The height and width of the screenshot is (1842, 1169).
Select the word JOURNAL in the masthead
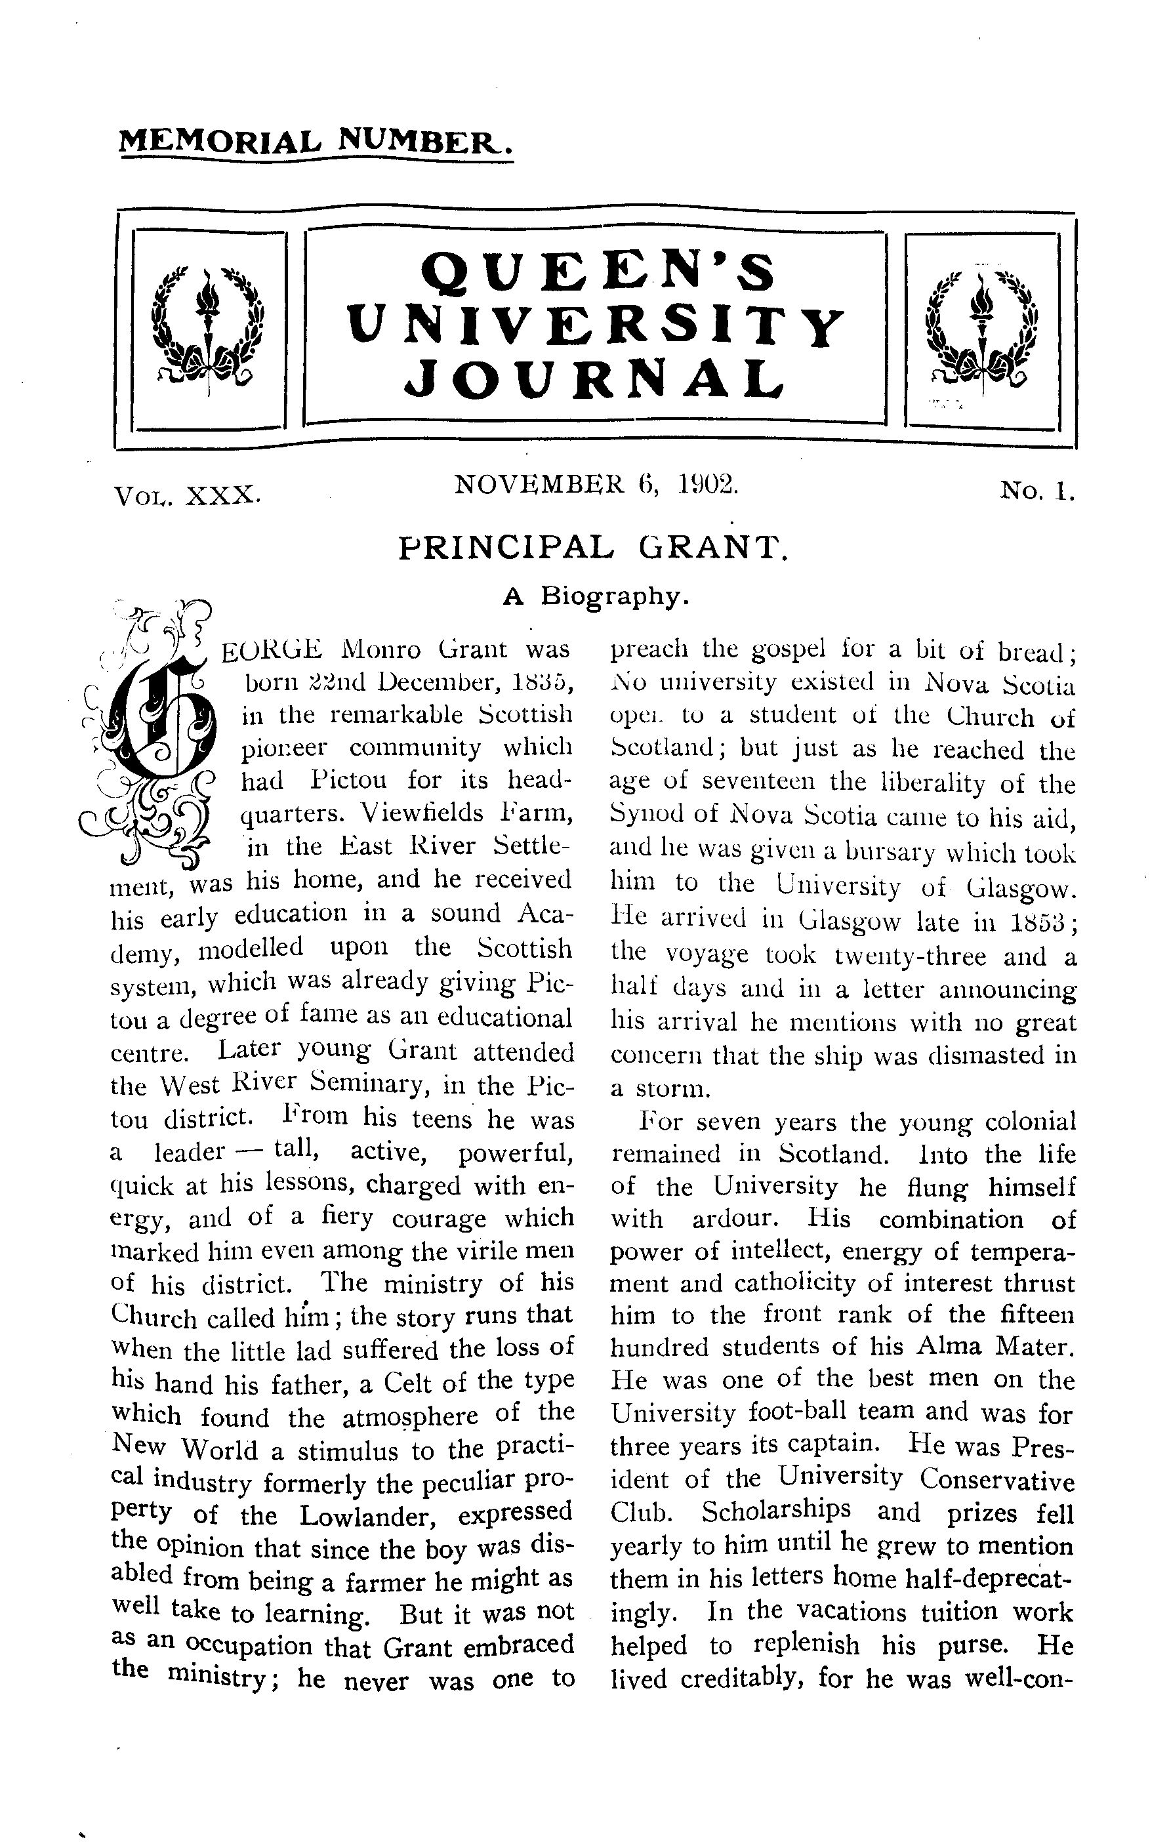click(x=594, y=379)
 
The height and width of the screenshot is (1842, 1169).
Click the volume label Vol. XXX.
click(x=187, y=497)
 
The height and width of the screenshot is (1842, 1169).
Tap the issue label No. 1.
click(x=1037, y=491)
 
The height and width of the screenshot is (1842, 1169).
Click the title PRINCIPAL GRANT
click(x=593, y=548)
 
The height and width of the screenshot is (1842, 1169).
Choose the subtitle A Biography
click(x=597, y=596)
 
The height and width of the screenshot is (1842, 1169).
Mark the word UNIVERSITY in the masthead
click(x=596, y=325)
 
